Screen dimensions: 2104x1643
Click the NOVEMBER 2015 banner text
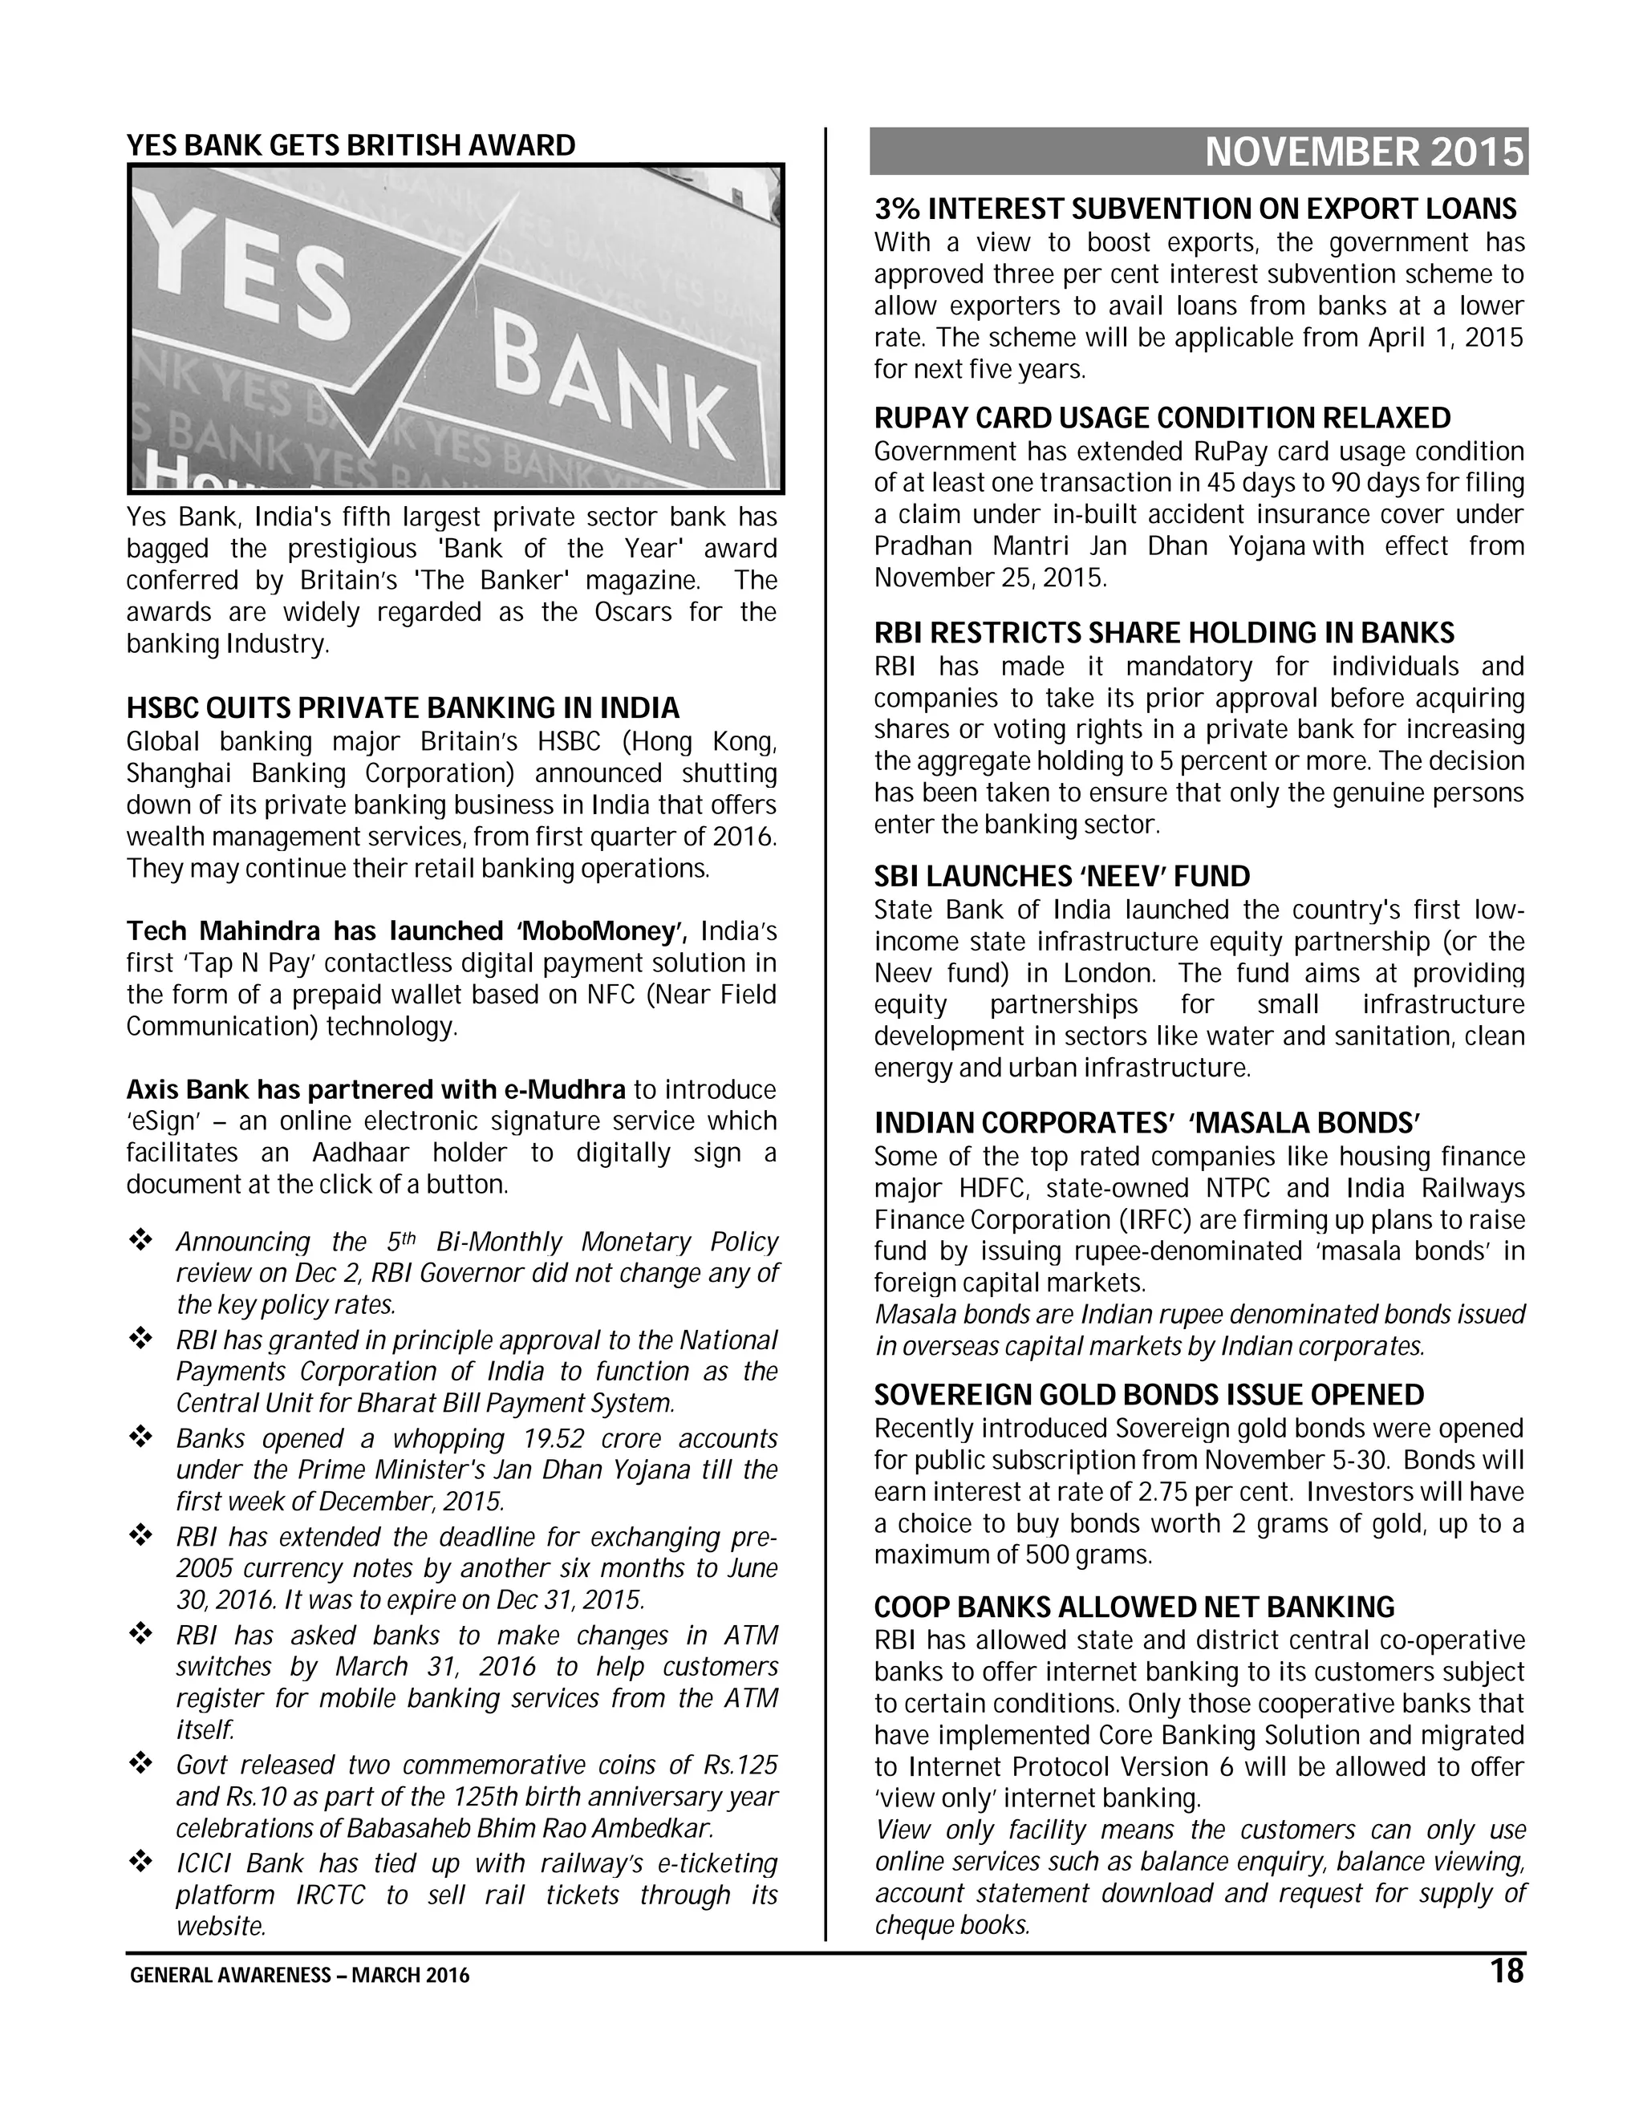pyautogui.click(x=1365, y=153)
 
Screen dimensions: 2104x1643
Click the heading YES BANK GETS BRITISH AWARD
pyautogui.click(x=351, y=145)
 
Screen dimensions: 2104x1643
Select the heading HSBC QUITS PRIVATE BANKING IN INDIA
pyautogui.click(x=403, y=708)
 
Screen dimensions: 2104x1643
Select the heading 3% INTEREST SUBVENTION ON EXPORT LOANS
pyautogui.click(x=1195, y=209)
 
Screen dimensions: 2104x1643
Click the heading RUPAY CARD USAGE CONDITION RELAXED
pyautogui.click(x=1162, y=418)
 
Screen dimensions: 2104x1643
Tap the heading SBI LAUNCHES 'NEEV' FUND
pyautogui.click(x=1062, y=877)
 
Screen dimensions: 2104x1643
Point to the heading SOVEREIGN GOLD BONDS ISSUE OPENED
pyautogui.click(x=1149, y=1395)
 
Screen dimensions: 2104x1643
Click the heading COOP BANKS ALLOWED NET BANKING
pyautogui.click(x=1134, y=1607)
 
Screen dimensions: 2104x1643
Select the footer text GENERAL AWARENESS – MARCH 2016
pyautogui.click(x=300, y=1976)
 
